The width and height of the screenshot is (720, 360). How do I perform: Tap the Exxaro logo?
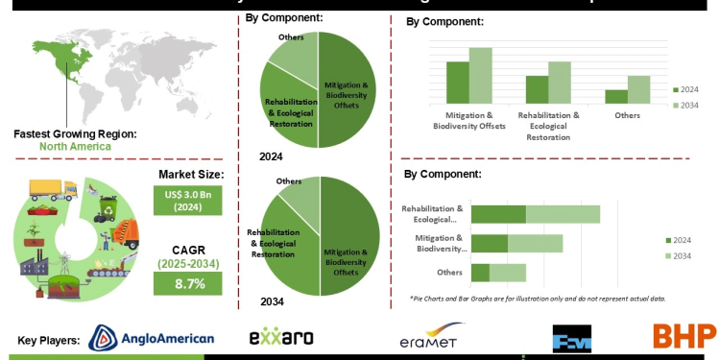280,337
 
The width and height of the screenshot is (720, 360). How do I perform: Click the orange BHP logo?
684,336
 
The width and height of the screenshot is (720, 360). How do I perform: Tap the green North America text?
75,147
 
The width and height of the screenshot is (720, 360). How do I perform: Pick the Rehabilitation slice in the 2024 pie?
284,110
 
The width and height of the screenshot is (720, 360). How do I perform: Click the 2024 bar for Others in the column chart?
616,96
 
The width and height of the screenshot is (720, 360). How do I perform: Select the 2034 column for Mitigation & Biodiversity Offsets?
480,75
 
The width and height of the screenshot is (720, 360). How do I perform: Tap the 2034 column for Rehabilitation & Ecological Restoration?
560,83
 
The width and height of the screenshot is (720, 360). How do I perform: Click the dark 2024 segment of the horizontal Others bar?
481,273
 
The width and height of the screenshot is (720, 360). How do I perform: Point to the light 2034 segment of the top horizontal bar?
563,214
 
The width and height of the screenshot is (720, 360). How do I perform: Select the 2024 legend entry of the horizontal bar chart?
682,240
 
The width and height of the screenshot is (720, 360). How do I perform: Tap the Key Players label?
48,340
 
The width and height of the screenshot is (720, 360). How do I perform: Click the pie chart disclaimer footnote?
537,299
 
